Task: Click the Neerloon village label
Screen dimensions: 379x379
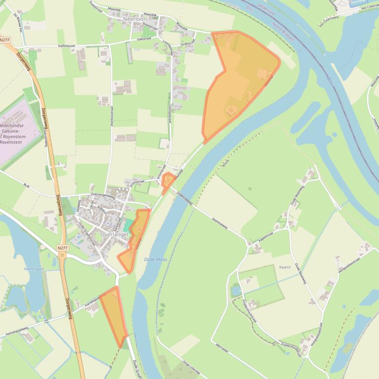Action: click(136, 19)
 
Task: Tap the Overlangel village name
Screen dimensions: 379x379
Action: click(114, 235)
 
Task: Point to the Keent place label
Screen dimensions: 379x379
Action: click(285, 267)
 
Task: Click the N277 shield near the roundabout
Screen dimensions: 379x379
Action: click(62, 249)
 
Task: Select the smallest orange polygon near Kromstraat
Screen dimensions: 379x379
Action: click(168, 182)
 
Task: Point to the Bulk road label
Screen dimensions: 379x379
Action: click(27, 186)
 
